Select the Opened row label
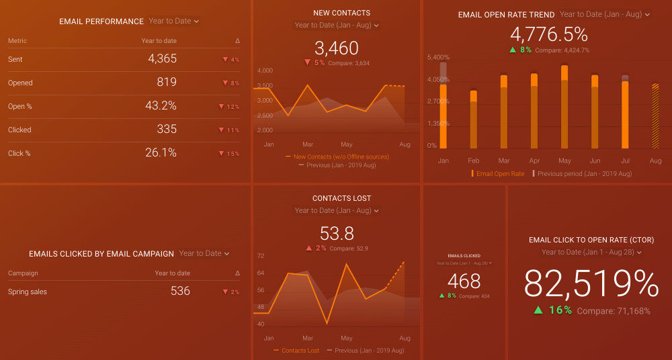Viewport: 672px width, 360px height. coord(20,83)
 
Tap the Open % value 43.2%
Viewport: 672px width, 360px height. coord(161,106)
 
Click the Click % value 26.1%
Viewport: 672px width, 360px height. coord(161,153)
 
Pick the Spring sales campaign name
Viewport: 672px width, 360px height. coord(28,292)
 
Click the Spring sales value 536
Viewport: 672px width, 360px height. coord(180,291)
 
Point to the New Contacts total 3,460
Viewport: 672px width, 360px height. coord(337,48)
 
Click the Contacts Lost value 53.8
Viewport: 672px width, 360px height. coord(337,234)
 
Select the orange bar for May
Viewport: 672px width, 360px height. coord(564,107)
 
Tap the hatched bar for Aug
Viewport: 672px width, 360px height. coord(655,116)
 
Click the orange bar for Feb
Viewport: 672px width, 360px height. coord(473,120)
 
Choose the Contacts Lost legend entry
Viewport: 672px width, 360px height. coord(300,351)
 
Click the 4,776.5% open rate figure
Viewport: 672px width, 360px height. coord(549,35)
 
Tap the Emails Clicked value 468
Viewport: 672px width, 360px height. coord(464,281)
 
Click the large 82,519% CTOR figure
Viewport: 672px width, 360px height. coord(591,284)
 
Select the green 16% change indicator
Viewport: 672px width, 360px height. coord(553,310)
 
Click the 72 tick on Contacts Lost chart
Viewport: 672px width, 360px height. coord(261,256)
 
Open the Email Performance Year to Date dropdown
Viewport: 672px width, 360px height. coord(174,21)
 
